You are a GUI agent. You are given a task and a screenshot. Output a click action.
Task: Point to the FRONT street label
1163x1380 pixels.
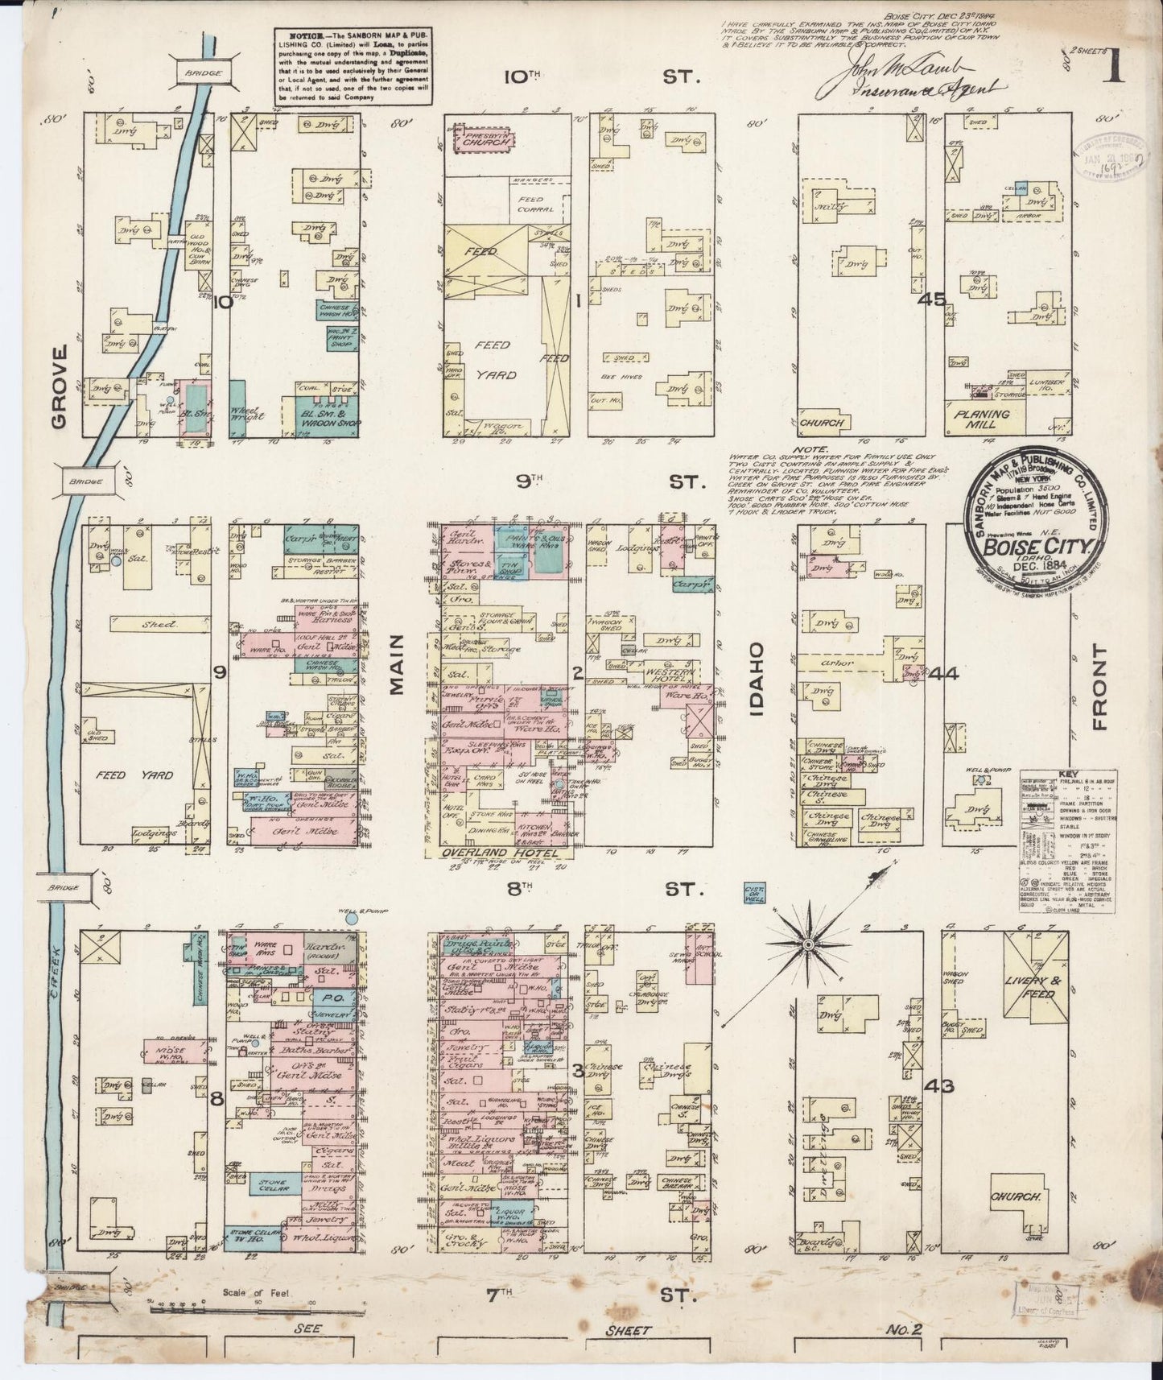tap(1100, 688)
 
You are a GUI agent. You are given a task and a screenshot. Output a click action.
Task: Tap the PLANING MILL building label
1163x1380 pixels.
tap(988, 419)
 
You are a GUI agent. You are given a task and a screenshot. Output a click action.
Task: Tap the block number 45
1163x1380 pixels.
tap(934, 300)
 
